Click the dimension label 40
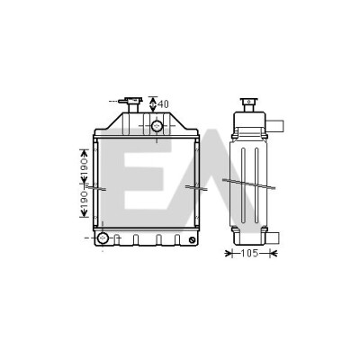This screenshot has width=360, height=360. pos(163,104)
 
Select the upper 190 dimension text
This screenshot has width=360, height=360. pos(84,168)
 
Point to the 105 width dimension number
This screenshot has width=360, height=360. pos(249,254)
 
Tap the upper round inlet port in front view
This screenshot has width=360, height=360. pos(157,126)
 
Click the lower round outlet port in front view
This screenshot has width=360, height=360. pos(103,238)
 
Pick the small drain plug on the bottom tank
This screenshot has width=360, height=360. pos(193,239)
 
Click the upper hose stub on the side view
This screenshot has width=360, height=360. pos(274,126)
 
